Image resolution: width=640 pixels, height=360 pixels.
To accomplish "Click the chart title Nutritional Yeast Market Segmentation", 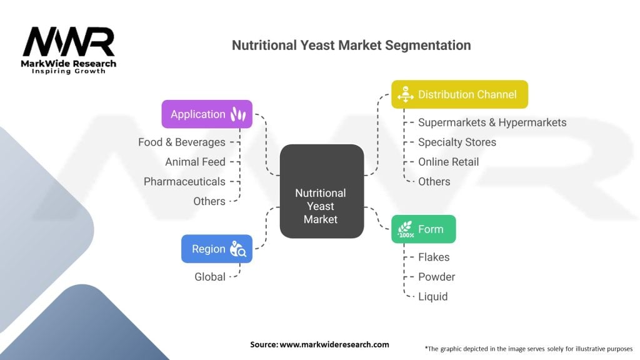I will click(351, 46).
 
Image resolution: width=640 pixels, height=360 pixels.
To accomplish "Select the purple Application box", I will click(207, 114).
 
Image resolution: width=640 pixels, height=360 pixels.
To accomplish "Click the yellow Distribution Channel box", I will click(459, 94).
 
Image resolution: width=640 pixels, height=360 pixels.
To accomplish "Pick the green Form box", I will click(423, 229).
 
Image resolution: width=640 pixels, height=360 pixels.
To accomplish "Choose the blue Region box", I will click(216, 249).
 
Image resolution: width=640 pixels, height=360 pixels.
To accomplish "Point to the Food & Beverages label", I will click(181, 142).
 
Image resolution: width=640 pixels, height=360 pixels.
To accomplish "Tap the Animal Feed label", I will click(195, 162).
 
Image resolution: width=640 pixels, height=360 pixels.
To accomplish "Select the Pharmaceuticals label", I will click(184, 181).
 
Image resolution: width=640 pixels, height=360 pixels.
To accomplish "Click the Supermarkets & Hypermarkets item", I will click(492, 122).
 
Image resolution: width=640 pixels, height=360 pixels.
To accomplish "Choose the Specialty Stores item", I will click(457, 142).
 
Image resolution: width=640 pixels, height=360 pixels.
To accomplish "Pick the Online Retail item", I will click(448, 162).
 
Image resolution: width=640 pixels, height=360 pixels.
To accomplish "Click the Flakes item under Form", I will click(434, 257).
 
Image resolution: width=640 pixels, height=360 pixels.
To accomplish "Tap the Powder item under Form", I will click(436, 277).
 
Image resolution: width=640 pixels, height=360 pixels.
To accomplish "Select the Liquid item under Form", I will click(432, 296).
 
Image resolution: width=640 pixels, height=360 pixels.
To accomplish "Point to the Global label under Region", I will click(210, 276).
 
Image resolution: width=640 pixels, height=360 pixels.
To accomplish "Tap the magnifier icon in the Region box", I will click(238, 249).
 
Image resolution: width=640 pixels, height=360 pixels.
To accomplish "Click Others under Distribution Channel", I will click(434, 181).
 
